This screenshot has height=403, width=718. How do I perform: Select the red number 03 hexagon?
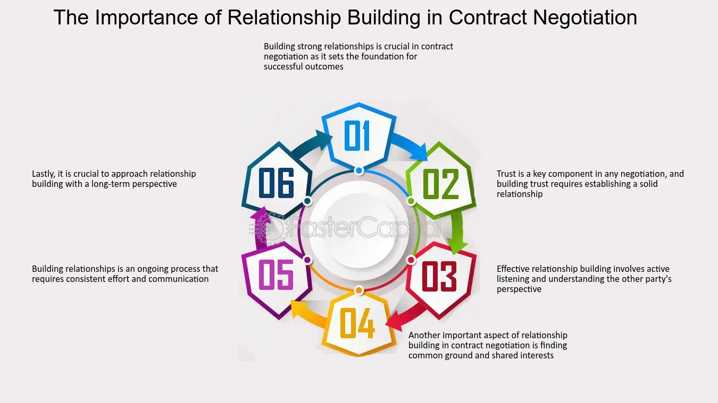[440, 276]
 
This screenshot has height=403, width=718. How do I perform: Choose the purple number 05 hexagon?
[277, 276]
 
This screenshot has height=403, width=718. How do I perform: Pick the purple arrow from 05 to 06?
[260, 228]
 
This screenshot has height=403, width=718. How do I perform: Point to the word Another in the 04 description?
[425, 335]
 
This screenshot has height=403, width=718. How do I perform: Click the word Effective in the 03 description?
[513, 269]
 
